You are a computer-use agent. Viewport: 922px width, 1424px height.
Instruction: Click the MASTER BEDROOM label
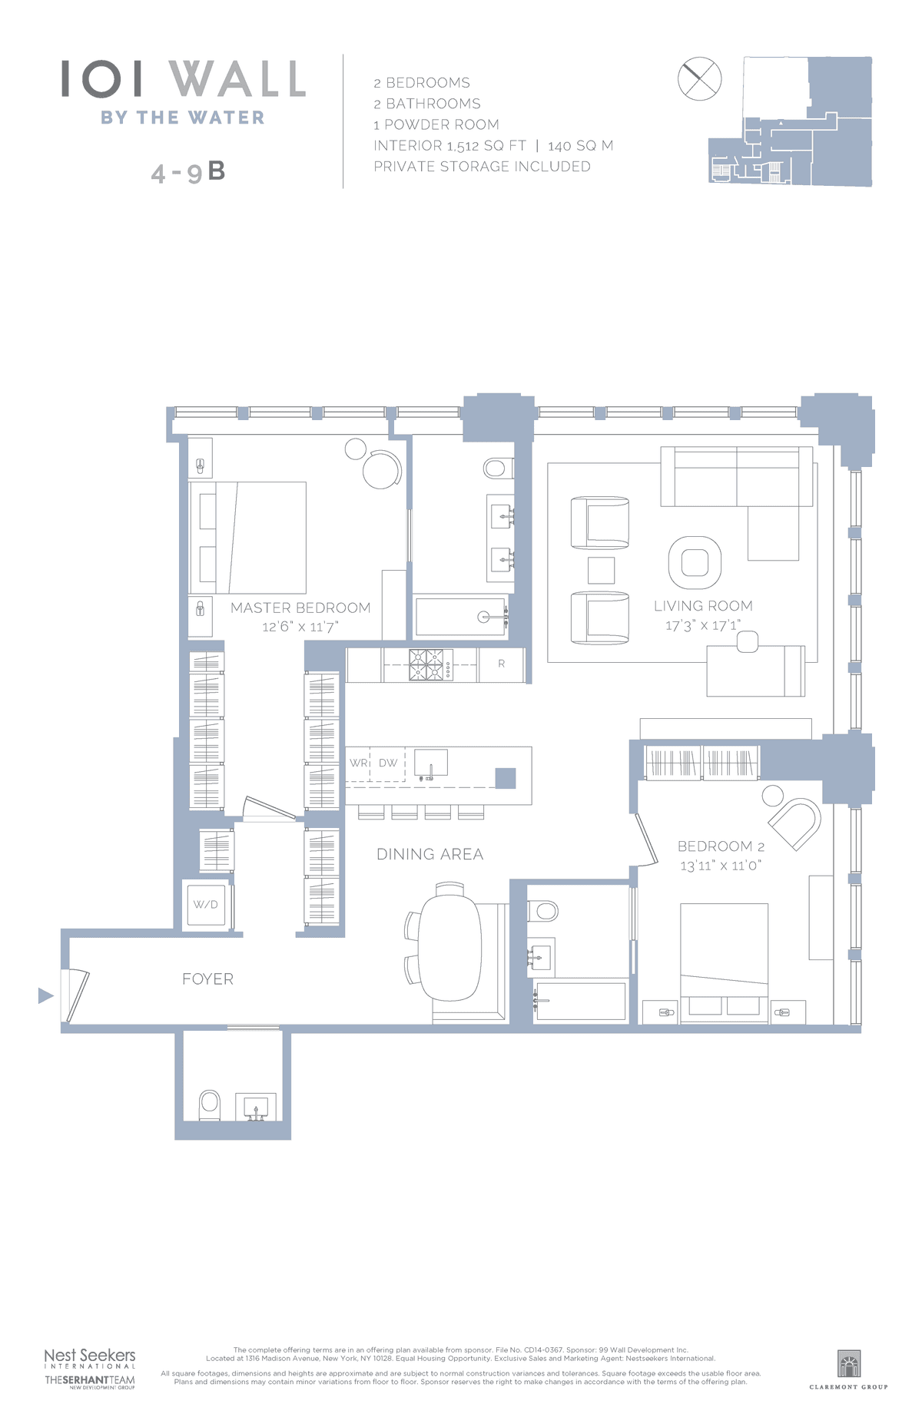(x=300, y=608)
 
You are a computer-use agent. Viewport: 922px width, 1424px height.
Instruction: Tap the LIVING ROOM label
(x=703, y=606)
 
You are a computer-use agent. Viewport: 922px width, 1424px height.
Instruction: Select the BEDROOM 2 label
(x=721, y=846)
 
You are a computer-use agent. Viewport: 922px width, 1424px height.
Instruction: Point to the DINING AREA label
(x=429, y=854)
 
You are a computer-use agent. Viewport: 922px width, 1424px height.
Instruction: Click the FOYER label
(x=207, y=979)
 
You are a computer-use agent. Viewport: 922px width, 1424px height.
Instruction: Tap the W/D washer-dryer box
(x=206, y=905)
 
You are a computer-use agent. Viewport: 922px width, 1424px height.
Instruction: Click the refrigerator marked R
(x=501, y=664)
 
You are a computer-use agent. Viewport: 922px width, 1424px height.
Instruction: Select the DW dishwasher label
(x=388, y=763)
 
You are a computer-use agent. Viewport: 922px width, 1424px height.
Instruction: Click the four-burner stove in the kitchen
(x=430, y=665)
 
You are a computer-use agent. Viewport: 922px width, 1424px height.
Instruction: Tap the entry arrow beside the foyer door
(x=46, y=996)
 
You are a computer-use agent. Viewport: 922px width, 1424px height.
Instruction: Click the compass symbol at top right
(x=700, y=78)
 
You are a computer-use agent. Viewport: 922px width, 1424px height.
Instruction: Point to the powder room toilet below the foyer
(x=209, y=1105)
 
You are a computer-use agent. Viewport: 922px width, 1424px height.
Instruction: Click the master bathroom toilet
(x=498, y=467)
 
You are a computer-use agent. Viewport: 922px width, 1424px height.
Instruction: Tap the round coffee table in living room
(x=695, y=562)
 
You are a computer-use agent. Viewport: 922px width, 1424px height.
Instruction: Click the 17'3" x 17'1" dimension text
(x=703, y=626)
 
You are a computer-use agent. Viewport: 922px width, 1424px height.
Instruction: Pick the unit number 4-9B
(x=188, y=172)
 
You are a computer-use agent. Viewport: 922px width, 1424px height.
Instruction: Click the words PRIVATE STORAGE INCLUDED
(x=482, y=167)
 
